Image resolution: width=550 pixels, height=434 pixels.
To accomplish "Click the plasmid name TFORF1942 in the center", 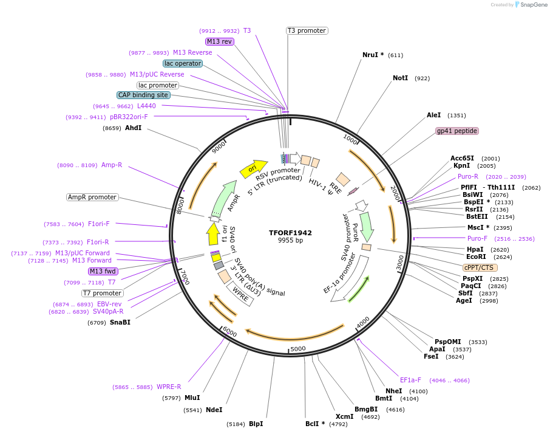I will [x=290, y=233].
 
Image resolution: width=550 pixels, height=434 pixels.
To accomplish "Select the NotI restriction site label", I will [x=400, y=78].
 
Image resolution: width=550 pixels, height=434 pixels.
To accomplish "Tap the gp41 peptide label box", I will [x=457, y=131].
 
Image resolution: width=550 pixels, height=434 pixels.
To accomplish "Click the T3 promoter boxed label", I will [x=307, y=30].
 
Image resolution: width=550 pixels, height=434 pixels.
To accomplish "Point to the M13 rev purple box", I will [x=219, y=41].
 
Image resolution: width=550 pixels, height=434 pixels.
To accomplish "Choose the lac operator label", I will [x=182, y=63].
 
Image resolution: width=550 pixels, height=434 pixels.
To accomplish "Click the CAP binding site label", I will [x=143, y=95].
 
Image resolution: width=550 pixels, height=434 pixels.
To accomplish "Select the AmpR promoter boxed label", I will [x=92, y=197].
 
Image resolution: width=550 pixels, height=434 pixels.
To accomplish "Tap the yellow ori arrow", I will [x=253, y=168].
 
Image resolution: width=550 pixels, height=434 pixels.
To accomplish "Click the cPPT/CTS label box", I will [x=480, y=267].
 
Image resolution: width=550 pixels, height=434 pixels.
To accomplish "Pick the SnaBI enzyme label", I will [x=120, y=322].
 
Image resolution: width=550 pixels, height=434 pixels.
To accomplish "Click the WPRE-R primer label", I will [x=169, y=387].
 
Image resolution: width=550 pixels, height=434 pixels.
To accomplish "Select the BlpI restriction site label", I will [x=256, y=424].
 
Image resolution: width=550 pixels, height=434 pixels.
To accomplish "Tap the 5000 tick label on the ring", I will [x=297, y=349].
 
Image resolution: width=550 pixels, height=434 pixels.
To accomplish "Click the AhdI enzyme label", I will [x=133, y=128].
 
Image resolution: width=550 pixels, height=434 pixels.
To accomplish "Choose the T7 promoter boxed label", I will [x=102, y=293].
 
